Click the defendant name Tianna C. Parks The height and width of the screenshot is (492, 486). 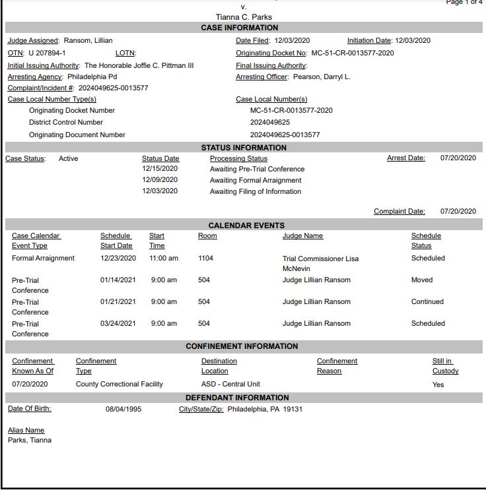coord(244,16)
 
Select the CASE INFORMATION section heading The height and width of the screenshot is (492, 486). coord(240,28)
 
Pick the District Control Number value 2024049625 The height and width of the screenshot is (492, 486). coord(270,122)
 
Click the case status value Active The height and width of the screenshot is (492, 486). coord(68,158)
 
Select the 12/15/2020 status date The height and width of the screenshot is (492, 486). coord(160,169)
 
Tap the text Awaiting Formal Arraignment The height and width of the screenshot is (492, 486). coord(256,180)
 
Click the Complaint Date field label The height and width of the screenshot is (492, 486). coord(399,211)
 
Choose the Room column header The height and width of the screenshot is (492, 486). coord(207,235)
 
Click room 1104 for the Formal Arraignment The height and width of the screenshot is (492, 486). coord(206,258)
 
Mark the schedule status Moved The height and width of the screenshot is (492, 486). coord(422,280)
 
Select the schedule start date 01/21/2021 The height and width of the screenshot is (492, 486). coord(118,301)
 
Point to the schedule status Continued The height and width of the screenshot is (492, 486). coord(427,301)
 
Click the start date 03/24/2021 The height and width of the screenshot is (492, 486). coord(118,323)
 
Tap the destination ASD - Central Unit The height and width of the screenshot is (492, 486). coord(230,384)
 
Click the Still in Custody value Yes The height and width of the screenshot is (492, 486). coord(438,384)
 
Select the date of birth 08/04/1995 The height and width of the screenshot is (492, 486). coord(123,409)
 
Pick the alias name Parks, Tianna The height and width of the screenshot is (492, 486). coord(30,440)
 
